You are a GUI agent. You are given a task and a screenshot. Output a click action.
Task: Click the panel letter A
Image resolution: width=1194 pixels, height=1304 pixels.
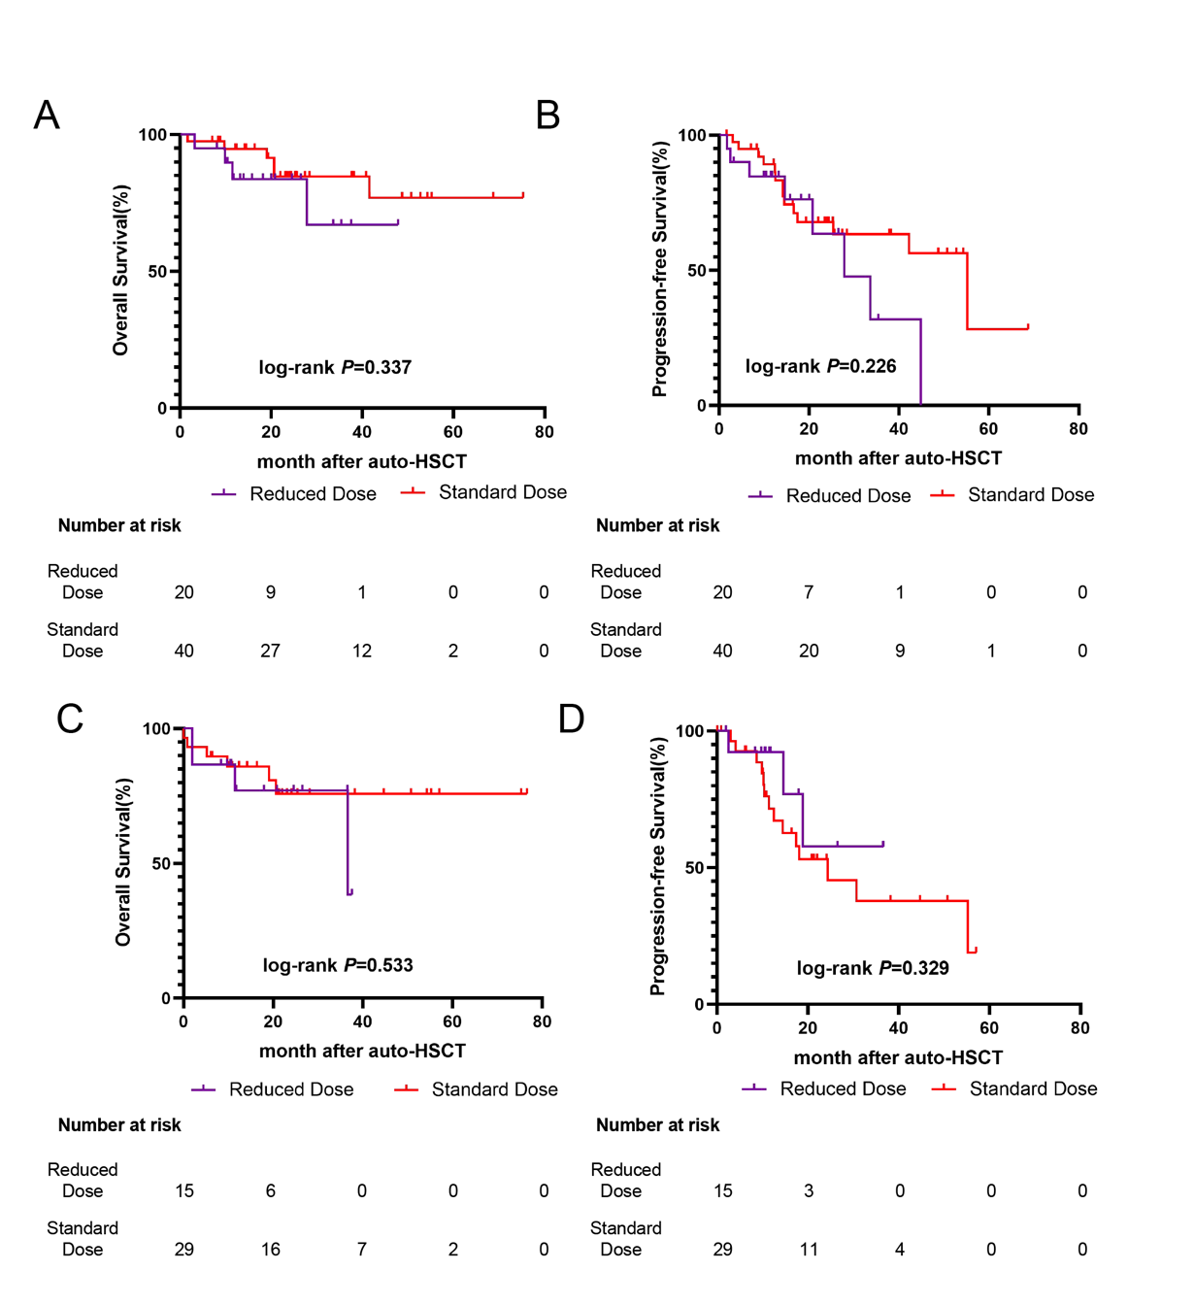[47, 115]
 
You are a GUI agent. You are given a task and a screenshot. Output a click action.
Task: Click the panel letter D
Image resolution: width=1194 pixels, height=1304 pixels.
[572, 719]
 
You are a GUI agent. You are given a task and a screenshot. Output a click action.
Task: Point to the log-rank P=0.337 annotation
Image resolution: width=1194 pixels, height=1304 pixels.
[335, 367]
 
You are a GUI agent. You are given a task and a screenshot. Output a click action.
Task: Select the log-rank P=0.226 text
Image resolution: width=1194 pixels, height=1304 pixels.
[820, 366]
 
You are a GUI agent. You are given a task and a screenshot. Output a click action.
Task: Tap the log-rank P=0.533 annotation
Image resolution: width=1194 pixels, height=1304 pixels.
[338, 965]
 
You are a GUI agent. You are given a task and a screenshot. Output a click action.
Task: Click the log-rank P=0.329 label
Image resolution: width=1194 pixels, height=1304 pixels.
[873, 968]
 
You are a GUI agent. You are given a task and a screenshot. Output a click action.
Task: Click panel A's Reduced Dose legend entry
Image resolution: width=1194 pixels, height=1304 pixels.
[294, 493]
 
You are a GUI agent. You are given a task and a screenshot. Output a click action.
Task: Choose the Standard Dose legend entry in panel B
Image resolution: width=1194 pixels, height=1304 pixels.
[1012, 494]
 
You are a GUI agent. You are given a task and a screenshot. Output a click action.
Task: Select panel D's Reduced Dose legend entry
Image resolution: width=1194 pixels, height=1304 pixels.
[824, 1088]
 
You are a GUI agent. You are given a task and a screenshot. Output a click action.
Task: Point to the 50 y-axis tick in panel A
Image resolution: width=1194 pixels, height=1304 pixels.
[157, 272]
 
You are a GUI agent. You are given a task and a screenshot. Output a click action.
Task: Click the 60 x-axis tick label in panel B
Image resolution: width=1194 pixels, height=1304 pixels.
[988, 428]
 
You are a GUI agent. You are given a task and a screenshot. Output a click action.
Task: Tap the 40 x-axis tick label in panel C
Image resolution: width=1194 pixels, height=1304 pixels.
[362, 1021]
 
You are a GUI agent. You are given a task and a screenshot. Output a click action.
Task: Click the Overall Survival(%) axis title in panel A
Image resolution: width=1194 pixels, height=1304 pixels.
[121, 271]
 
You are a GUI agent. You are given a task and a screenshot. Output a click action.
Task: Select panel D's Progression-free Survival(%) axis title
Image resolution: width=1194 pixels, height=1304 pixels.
[658, 866]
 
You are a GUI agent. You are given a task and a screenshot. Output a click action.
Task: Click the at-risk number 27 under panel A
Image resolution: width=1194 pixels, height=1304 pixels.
[271, 651]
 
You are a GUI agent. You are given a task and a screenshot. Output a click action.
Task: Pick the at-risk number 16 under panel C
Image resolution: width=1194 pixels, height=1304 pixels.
[271, 1249]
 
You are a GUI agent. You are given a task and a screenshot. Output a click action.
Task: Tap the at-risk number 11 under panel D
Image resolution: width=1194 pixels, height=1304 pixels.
[809, 1249]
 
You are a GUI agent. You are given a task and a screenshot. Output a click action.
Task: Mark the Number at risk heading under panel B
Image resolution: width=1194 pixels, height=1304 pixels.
[658, 525]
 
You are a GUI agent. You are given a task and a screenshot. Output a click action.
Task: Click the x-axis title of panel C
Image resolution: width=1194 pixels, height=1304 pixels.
[362, 1052]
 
